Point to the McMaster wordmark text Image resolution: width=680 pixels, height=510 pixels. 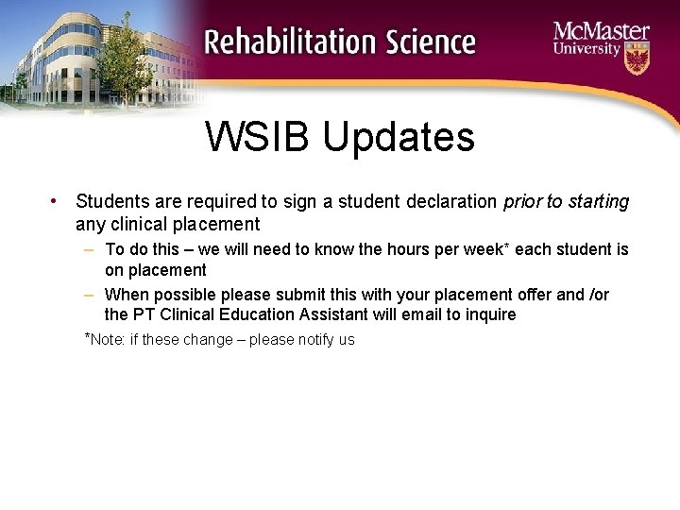(x=601, y=32)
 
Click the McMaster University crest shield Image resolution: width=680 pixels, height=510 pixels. (x=637, y=59)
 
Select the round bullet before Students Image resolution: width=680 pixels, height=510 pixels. (x=57, y=201)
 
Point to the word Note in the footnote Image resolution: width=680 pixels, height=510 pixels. (x=108, y=339)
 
